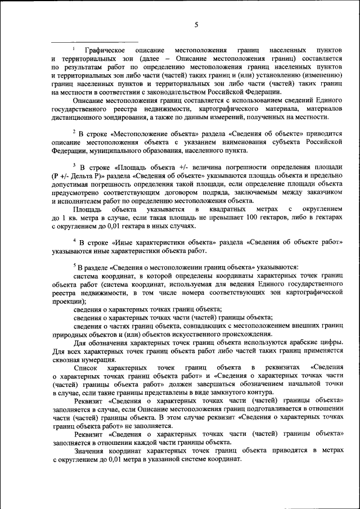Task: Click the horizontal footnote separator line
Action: tap(94, 42)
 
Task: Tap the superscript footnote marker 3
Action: tap(74, 165)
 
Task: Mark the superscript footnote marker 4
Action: tap(74, 241)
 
